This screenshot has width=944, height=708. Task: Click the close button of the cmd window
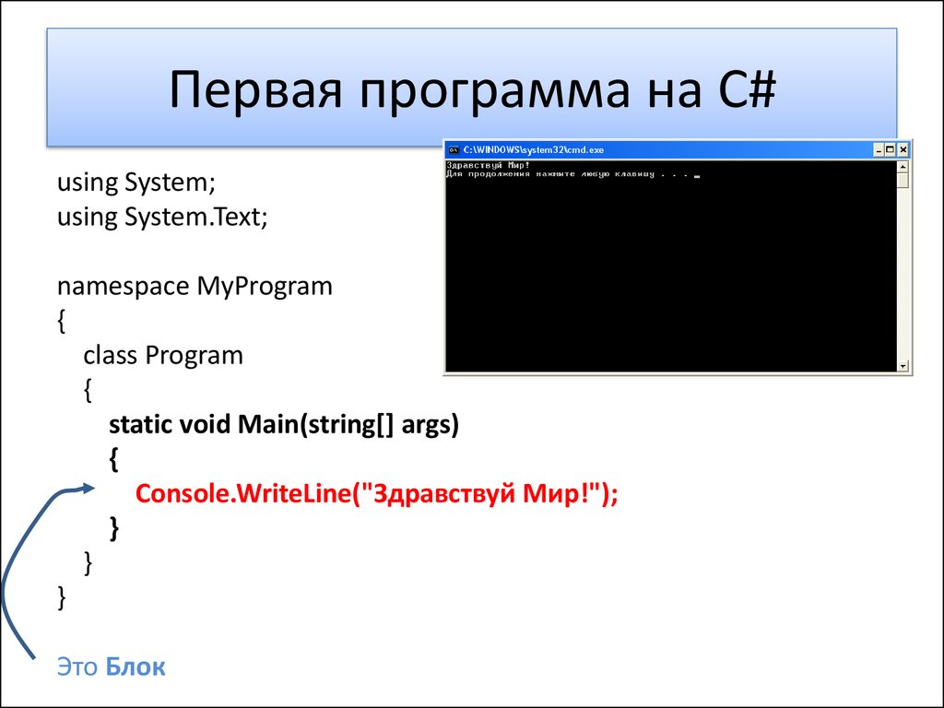904,149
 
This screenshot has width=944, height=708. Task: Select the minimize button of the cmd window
879,149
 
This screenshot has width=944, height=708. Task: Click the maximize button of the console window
891,149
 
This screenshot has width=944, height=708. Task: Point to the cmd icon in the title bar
453,149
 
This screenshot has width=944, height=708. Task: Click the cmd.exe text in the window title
585,149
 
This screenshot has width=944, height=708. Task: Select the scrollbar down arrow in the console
903,366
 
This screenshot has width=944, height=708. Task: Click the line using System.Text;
162,218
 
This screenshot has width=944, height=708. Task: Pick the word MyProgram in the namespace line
265,286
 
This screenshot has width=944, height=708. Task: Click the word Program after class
194,355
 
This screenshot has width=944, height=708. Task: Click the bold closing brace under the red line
113,526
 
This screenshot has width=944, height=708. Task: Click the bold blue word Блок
136,667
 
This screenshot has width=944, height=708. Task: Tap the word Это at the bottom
77,667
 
